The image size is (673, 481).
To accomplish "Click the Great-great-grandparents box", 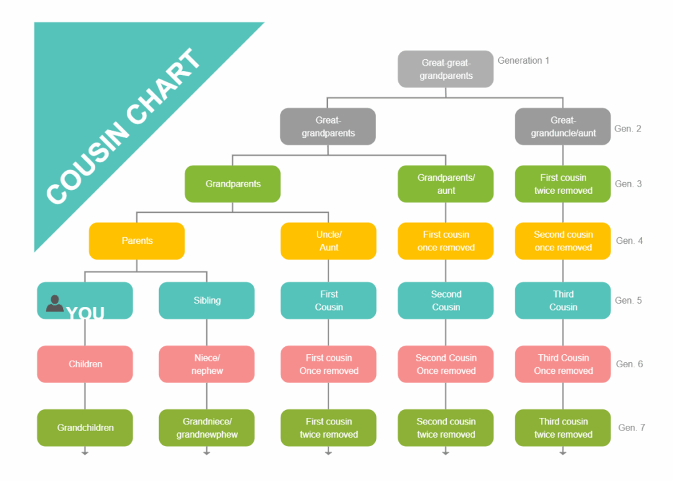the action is tap(446, 69).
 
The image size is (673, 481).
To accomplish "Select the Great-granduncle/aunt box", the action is tap(563, 127).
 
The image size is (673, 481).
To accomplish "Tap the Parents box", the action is tap(137, 240).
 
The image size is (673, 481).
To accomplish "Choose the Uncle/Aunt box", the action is tap(329, 240).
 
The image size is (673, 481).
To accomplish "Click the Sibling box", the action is tap(207, 300).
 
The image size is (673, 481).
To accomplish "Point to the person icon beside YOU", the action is tap(55, 304).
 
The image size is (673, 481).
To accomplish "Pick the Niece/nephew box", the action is tap(207, 364).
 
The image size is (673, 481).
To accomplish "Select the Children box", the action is tap(85, 364).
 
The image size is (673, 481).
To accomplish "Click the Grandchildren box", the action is tap(85, 428).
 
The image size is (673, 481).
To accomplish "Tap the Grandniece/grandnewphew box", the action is tap(207, 428).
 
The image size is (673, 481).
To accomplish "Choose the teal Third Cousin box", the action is tap(563, 300).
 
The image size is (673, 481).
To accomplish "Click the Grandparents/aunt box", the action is tap(446, 183).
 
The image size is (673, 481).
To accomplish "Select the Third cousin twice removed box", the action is tap(563, 428).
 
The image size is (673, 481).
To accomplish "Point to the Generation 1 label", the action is tap(523, 60).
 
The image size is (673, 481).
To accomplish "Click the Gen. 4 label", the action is tap(629, 240).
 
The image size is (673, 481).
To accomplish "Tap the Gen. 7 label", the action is tap(632, 428).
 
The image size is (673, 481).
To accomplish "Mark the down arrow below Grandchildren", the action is tap(85, 451).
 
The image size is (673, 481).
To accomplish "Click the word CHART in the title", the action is tap(164, 86).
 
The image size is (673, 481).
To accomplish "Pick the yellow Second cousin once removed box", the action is tap(563, 240).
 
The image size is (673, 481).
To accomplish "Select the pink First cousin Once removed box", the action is tap(329, 364).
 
